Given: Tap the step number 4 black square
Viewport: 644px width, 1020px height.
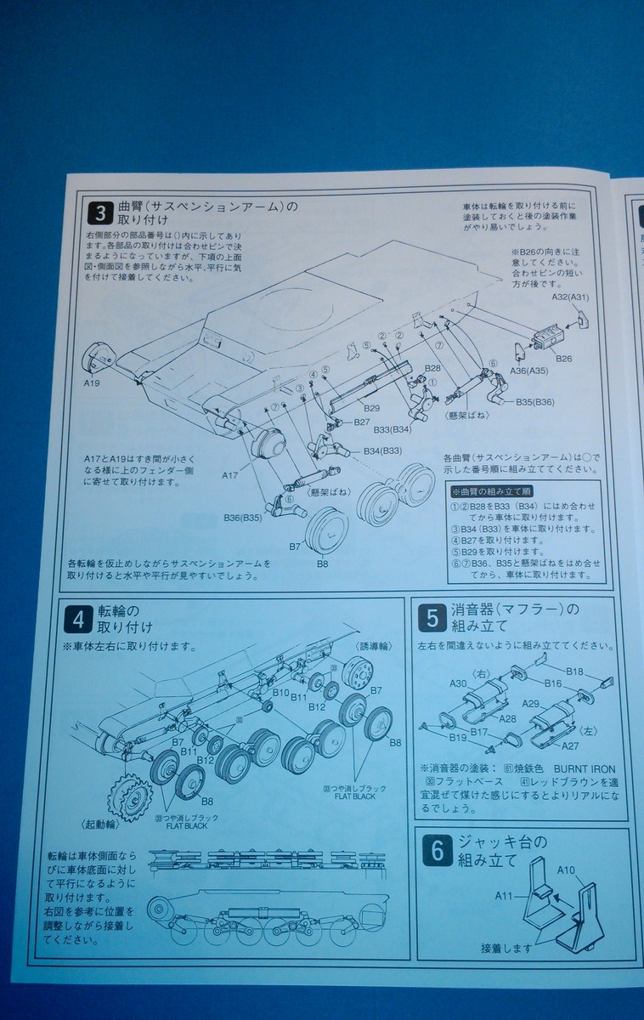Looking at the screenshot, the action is pos(77,620).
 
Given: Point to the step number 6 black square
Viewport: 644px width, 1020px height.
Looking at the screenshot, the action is pos(437,851).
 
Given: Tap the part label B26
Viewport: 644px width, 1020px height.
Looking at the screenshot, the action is pos(563,359).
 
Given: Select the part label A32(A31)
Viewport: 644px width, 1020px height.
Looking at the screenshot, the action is pos(571,297).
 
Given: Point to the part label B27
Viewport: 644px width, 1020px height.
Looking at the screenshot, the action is pos(361,422).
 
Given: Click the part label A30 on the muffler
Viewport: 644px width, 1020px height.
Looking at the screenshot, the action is pos(458,683).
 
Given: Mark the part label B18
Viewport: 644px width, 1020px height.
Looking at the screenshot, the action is pos(574,671).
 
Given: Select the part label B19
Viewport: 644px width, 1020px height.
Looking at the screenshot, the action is pos(458,737).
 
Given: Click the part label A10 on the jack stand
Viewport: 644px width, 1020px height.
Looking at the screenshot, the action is pos(567,870).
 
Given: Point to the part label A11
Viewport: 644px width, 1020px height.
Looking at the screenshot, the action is pos(504,895).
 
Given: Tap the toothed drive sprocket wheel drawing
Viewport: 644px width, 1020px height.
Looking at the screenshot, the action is pos(130,795).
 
